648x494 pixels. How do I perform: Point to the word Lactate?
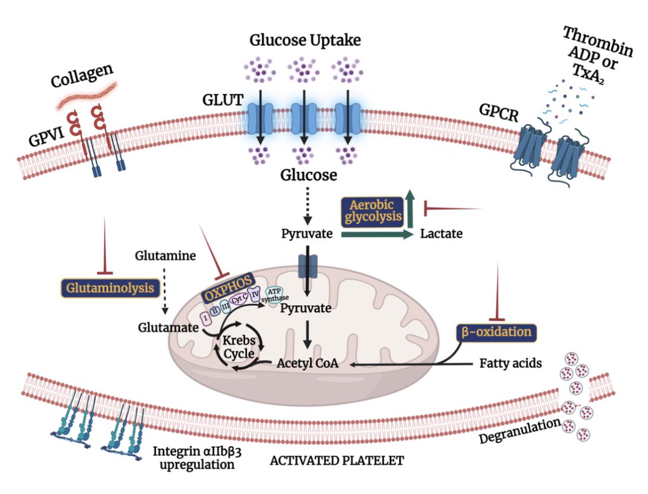click(439, 234)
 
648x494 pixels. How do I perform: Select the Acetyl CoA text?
click(307, 364)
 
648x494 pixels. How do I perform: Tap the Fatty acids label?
click(510, 364)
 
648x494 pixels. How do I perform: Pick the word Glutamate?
click(160, 326)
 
